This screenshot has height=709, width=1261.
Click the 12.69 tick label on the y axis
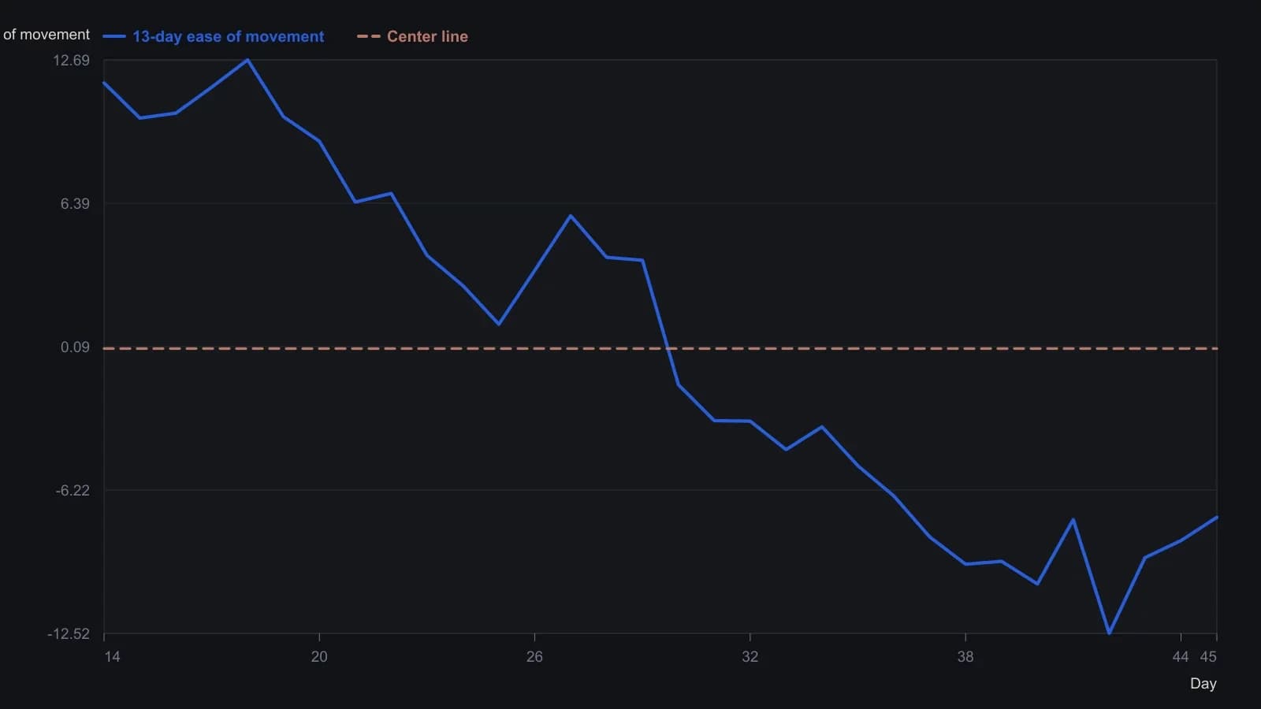point(71,60)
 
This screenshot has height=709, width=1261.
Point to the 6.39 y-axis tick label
point(75,204)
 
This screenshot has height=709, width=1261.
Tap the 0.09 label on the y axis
point(75,347)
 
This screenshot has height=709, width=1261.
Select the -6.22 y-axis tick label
point(72,491)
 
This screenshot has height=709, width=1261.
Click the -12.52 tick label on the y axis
point(68,634)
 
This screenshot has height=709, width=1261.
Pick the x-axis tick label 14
point(112,657)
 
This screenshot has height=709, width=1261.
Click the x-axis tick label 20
point(319,657)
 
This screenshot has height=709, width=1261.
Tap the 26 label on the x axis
point(534,657)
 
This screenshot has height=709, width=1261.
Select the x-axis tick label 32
point(750,657)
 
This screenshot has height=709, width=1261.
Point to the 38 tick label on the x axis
point(965,657)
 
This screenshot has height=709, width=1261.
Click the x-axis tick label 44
point(1181,657)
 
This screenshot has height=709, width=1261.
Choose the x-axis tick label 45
point(1208,657)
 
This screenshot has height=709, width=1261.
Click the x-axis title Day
point(1203,684)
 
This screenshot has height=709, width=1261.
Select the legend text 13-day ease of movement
point(228,36)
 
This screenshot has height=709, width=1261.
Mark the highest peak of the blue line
point(247,60)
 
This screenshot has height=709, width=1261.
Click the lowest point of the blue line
point(1109,633)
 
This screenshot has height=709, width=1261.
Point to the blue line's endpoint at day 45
point(1217,517)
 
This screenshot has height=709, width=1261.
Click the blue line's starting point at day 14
point(104,83)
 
